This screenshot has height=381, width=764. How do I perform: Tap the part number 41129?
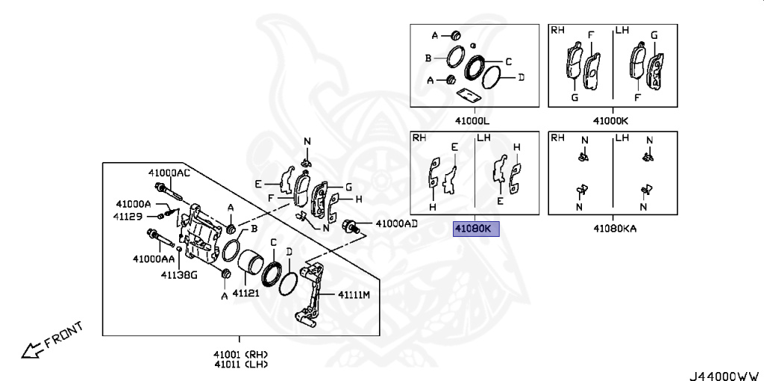[x=128, y=217]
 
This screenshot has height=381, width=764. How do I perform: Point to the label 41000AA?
[x=154, y=258]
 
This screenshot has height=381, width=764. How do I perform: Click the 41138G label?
[x=179, y=275]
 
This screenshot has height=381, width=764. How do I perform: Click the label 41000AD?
[x=395, y=223]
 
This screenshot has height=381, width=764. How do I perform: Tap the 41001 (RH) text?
[x=240, y=354]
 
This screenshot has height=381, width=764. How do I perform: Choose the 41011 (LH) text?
[x=240, y=365]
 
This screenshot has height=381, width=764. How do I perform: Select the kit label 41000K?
[x=611, y=120]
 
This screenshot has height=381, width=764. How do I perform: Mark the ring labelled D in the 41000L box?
[x=490, y=77]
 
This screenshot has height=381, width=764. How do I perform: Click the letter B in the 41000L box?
[x=429, y=58]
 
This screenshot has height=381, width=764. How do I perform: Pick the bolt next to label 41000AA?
[x=160, y=238]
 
